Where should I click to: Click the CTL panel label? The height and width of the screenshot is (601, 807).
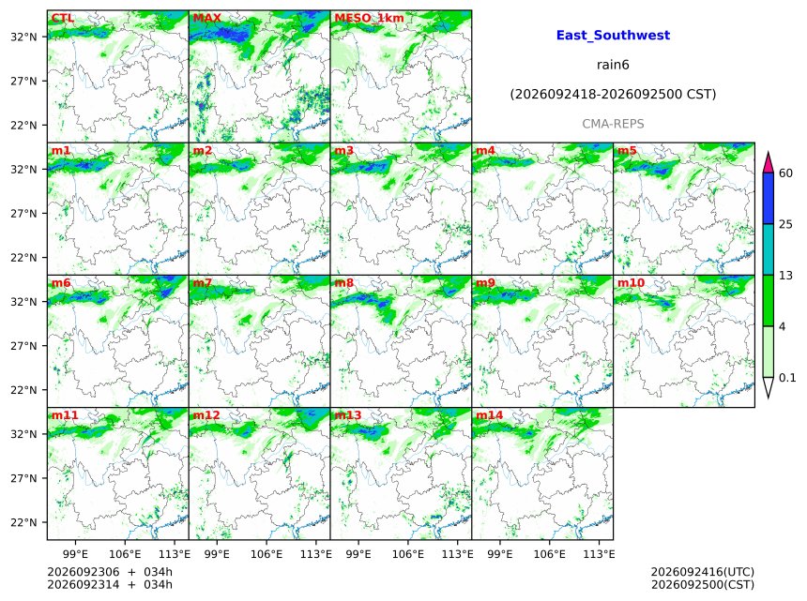point(62,18)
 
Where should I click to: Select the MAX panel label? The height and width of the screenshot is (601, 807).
point(206,18)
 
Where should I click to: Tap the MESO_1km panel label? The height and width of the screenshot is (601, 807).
point(369,18)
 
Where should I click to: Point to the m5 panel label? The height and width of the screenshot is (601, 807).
point(627,150)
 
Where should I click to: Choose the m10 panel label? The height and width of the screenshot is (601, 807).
point(631,283)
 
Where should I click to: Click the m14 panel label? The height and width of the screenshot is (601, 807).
point(489,415)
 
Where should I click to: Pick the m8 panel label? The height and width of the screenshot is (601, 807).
point(343,283)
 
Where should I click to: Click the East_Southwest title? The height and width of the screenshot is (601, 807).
point(613,35)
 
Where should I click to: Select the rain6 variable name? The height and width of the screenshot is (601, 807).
point(613,65)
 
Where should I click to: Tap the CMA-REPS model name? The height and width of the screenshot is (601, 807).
point(613,124)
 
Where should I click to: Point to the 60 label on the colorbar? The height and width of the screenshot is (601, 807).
point(785,173)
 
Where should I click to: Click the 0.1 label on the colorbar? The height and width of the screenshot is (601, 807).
point(787,378)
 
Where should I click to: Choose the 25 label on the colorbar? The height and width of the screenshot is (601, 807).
point(785,224)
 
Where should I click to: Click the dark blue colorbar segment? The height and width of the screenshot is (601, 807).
point(769,198)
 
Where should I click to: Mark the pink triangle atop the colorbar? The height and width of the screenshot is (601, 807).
point(769,162)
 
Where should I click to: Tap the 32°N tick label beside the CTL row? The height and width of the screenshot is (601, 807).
point(23,37)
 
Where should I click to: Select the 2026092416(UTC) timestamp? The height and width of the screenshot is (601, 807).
point(703,572)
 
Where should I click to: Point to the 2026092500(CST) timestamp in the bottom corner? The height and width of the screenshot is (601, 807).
point(703,585)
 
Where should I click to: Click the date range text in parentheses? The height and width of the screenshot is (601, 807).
point(613,95)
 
